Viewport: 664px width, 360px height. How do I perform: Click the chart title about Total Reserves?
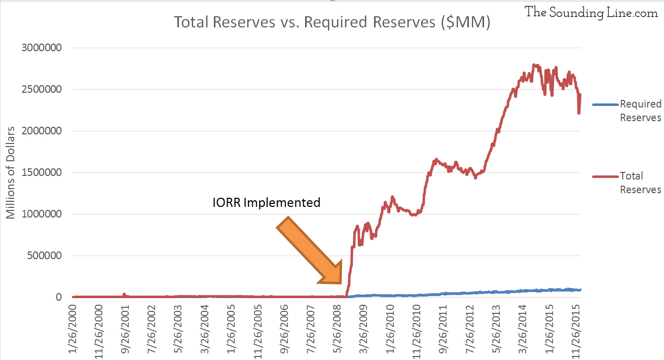pyautogui.click(x=332, y=23)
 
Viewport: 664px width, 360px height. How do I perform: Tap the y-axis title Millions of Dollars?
pyautogui.click(x=11, y=172)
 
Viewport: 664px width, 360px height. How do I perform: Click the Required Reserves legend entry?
pyautogui.click(x=640, y=111)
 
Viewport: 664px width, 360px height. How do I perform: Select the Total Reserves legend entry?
pyautogui.click(x=640, y=183)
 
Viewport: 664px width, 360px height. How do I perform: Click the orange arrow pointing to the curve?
pyautogui.click(x=309, y=250)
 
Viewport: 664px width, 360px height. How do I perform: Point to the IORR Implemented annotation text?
pyautogui.click(x=266, y=203)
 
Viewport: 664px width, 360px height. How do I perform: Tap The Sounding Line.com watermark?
pyautogui.click(x=591, y=13)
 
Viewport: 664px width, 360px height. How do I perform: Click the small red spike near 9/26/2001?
pyautogui.click(x=124, y=294)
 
